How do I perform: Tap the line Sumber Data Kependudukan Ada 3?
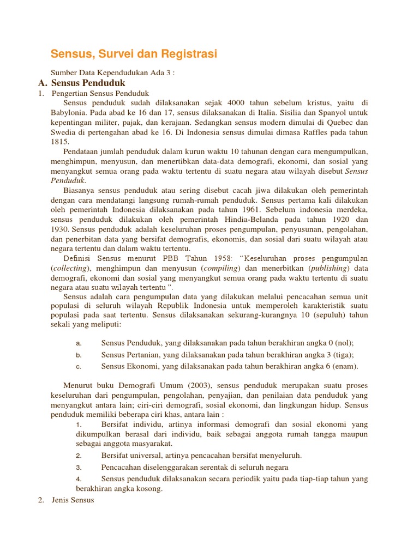click(x=112, y=72)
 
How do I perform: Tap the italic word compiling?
click(x=221, y=268)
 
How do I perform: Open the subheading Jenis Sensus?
click(x=73, y=499)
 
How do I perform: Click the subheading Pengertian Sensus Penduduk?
click(x=100, y=93)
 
